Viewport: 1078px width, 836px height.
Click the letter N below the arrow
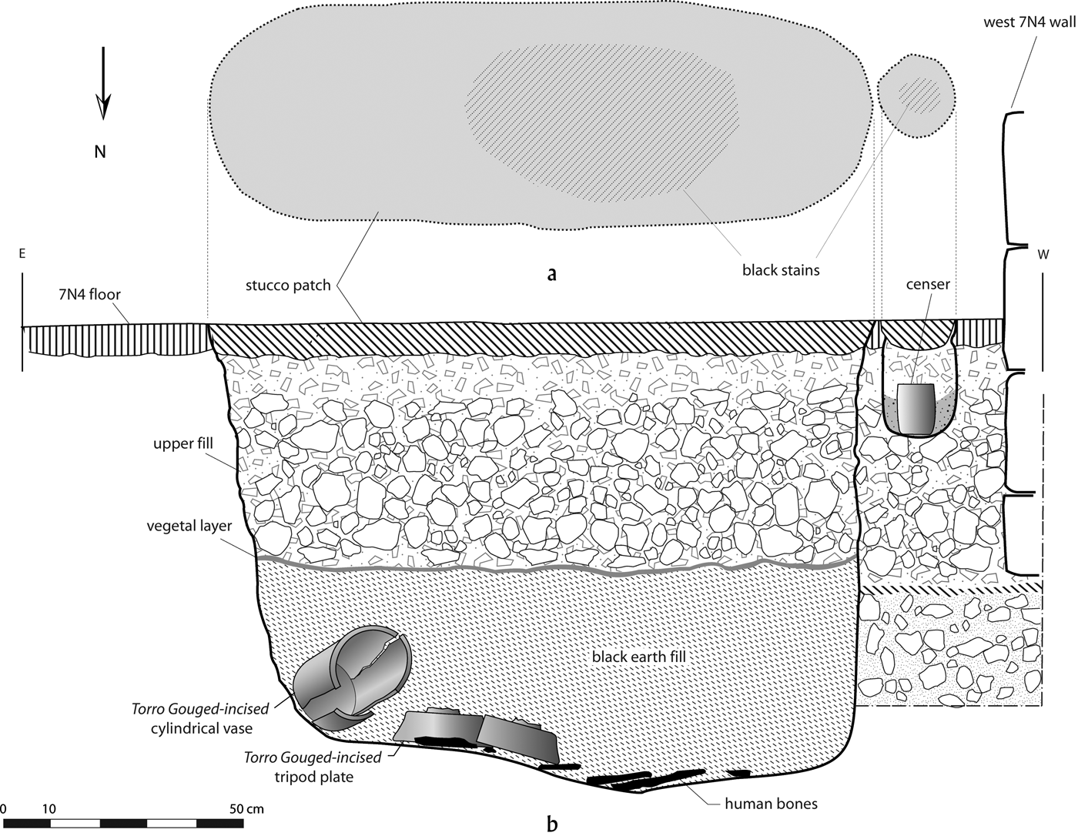100,152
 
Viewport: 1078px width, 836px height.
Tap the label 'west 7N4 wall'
1029,22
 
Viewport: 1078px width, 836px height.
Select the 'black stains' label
780,269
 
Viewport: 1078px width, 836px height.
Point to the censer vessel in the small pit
916,409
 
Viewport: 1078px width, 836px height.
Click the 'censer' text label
928,284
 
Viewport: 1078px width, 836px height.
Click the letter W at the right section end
1043,256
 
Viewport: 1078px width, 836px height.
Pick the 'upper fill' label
182,444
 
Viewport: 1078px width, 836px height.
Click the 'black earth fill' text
638,657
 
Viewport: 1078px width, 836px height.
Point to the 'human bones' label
771,804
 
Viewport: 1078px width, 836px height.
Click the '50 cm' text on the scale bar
246,809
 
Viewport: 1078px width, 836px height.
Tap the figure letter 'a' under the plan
551,274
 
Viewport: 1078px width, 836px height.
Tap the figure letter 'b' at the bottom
551,824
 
